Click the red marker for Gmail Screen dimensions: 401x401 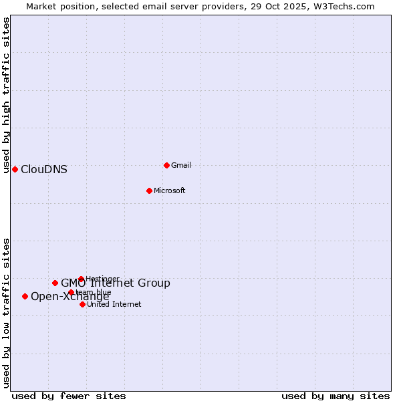[166, 165]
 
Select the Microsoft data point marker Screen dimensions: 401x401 [149, 190]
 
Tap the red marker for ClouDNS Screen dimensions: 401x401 [15, 169]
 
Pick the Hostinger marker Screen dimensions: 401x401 [81, 279]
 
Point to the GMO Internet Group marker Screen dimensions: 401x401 [55, 283]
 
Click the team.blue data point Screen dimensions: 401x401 [71, 292]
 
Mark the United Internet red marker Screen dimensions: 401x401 [82, 304]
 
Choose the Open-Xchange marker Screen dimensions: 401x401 [25, 296]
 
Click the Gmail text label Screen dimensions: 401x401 [181, 165]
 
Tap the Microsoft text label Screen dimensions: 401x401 [169, 190]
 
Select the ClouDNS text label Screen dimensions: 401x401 [44, 169]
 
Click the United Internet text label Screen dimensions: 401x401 [114, 304]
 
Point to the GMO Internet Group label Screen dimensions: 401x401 [116, 283]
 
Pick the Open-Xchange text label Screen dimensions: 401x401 [70, 297]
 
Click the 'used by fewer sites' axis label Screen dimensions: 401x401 [69, 396]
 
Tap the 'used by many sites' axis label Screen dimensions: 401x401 [336, 396]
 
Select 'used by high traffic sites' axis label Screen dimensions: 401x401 [6, 95]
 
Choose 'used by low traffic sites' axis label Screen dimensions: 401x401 [6, 312]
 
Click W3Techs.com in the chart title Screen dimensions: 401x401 [340, 6]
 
